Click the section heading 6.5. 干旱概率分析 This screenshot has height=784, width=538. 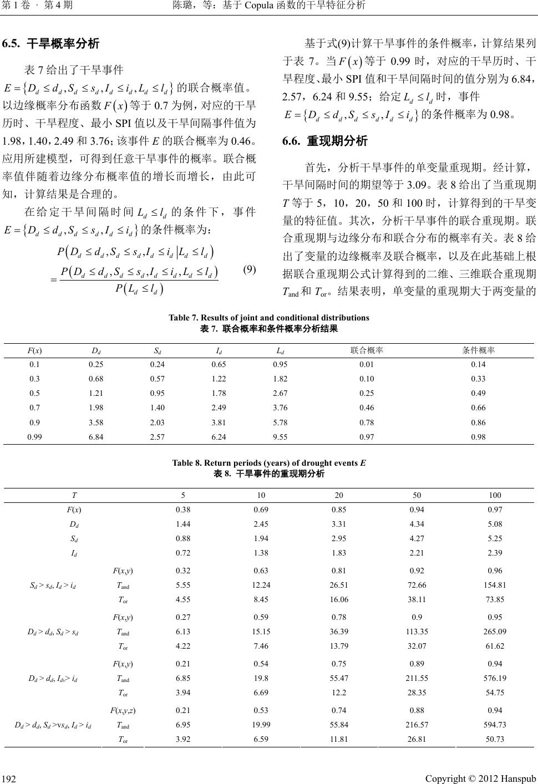[x=51, y=43]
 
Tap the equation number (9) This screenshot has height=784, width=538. [x=250, y=270]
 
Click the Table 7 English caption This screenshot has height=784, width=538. [x=269, y=318]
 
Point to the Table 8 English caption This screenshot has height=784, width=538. [x=269, y=463]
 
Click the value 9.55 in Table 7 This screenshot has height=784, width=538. [x=280, y=437]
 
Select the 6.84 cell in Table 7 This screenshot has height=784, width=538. [x=95, y=437]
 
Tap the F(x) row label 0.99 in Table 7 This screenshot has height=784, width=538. [x=34, y=437]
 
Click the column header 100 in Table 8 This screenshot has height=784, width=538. [x=495, y=495]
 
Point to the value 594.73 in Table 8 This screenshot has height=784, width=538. [x=495, y=724]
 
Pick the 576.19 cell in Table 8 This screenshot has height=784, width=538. [x=495, y=678]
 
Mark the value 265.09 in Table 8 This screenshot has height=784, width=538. [x=495, y=631]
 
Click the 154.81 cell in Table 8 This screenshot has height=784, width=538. [x=495, y=584]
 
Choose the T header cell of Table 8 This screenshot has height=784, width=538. [x=74, y=495]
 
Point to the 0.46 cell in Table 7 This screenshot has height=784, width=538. [x=366, y=408]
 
